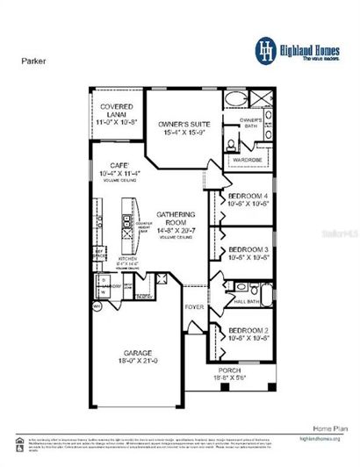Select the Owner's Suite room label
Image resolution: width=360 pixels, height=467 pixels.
click(179, 126)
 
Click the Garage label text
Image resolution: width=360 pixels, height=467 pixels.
click(136, 352)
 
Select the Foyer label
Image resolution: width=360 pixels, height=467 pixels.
click(194, 307)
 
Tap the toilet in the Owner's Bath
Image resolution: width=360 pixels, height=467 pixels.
click(228, 143)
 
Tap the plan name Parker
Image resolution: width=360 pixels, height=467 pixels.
click(33, 62)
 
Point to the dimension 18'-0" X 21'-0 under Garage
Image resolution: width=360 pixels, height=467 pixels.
click(136, 360)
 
